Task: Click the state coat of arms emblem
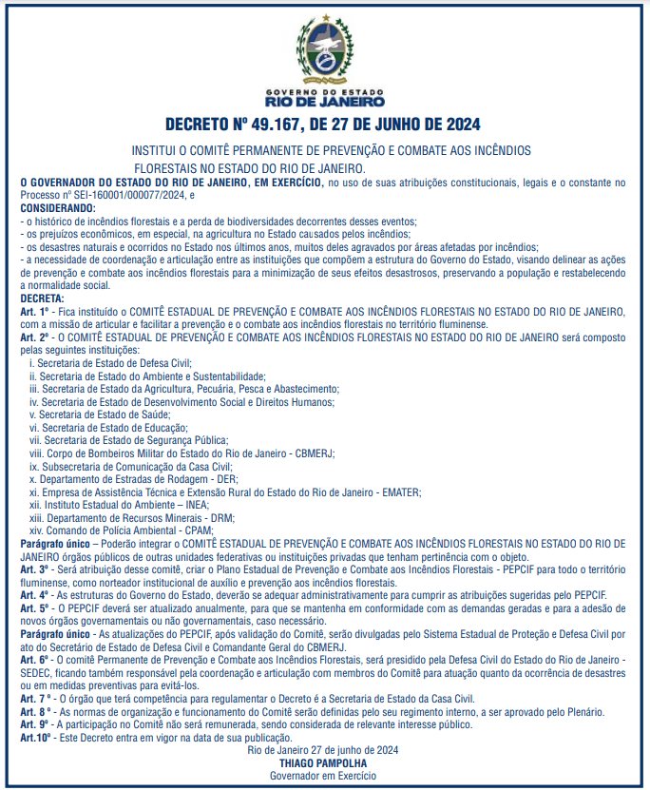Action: click(325, 47)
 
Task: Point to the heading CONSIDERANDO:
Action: click(58, 206)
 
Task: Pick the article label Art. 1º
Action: click(34, 311)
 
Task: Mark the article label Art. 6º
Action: click(34, 659)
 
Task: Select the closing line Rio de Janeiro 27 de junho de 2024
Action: click(322, 750)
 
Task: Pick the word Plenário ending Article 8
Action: click(578, 710)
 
